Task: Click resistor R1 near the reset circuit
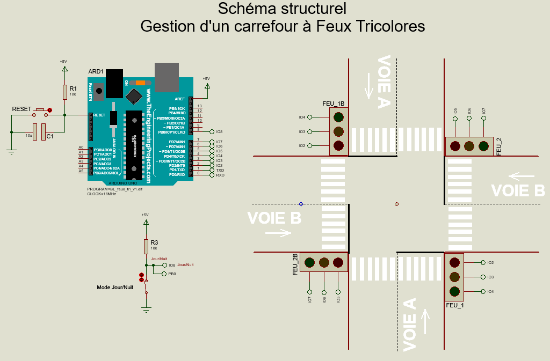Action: pyautogui.click(x=65, y=92)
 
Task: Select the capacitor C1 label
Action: pyautogui.click(x=50, y=137)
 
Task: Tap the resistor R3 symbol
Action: pyautogui.click(x=146, y=246)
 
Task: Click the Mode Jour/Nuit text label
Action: pyautogui.click(x=115, y=288)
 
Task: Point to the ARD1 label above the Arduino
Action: pyautogui.click(x=96, y=72)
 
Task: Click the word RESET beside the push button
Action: pyautogui.click(x=21, y=109)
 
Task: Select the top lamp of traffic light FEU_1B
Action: pyautogui.click(x=338, y=117)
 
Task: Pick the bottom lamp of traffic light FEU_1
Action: pyautogui.click(x=455, y=292)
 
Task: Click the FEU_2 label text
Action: pyautogui.click(x=499, y=146)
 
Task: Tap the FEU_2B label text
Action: pyautogui.click(x=295, y=264)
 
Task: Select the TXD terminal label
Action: pyautogui.click(x=220, y=170)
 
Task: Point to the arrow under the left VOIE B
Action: pyautogui.click(x=278, y=233)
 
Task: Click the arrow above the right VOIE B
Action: pyautogui.click(x=522, y=175)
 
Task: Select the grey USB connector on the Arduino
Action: pyautogui.click(x=167, y=75)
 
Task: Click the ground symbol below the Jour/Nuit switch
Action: pyautogui.click(x=145, y=309)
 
